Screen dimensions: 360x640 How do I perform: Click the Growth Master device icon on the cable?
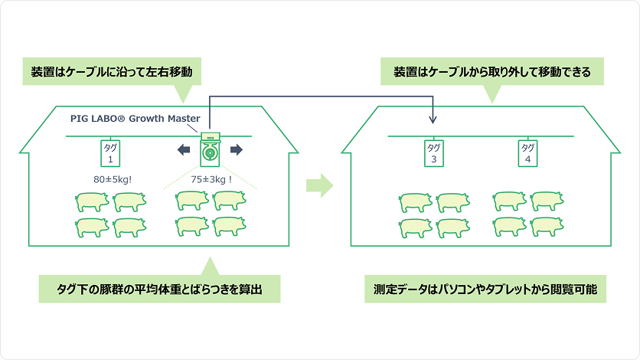click(x=209, y=149)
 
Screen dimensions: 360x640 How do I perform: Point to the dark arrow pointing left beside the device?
click(x=184, y=150)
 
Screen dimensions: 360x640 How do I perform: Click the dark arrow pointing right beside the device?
click(x=236, y=150)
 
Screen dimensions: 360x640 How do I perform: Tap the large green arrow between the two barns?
click(x=319, y=185)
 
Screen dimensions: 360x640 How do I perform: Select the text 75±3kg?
click(x=210, y=181)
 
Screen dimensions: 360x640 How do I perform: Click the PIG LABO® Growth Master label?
click(x=135, y=119)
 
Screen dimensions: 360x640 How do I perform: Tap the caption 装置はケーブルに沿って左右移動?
click(x=116, y=74)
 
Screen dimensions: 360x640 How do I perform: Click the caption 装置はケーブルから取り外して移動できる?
click(x=491, y=74)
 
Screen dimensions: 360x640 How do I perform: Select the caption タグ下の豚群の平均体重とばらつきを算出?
click(x=158, y=290)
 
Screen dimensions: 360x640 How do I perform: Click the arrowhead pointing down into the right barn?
click(x=433, y=119)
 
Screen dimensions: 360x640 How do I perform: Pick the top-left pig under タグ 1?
click(x=91, y=202)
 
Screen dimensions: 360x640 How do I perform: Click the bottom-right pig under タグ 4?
click(x=547, y=227)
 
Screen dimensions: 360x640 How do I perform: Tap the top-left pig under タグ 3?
click(x=415, y=202)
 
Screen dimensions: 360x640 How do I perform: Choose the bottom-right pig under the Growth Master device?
click(x=230, y=227)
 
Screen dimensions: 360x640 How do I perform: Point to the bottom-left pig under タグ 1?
click(x=91, y=227)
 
